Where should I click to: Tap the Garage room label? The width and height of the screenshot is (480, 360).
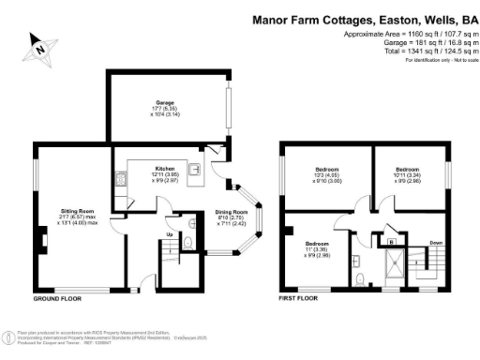coord(166,104)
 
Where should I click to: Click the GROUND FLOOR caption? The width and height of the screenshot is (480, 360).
coord(55,298)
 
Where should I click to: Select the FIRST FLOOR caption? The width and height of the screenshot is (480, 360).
coord(300,298)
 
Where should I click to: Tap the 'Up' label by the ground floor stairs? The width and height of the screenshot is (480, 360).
coord(170,233)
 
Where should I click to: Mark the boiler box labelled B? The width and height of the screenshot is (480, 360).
coord(390,241)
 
